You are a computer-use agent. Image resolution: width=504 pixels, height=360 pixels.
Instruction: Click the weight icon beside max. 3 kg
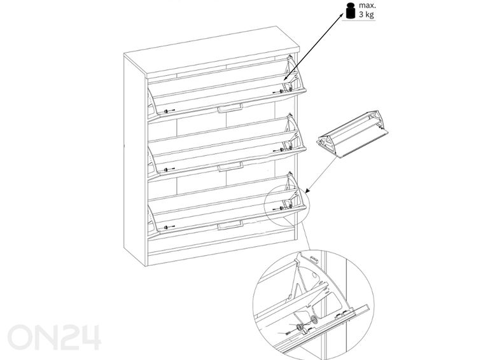(351, 10)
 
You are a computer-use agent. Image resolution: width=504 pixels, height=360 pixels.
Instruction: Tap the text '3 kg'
(367, 15)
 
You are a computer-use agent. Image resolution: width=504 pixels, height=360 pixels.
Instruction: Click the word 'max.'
(367, 5)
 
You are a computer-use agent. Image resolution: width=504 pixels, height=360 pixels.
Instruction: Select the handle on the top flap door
(230, 108)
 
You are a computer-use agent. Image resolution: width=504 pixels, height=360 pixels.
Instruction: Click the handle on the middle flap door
(230, 167)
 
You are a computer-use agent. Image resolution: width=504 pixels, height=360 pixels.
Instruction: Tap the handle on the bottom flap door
(230, 225)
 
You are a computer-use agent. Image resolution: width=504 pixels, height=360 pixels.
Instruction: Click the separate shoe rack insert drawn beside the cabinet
(353, 134)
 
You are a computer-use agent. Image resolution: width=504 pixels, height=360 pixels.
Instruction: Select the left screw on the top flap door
(169, 111)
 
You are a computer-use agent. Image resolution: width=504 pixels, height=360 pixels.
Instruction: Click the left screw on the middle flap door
(169, 169)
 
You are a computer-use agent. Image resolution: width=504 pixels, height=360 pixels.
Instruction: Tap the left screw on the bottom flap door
(169, 227)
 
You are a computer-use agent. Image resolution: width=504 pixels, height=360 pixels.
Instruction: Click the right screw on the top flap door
(278, 92)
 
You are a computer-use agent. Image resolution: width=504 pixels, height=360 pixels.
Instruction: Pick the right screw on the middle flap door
(278, 150)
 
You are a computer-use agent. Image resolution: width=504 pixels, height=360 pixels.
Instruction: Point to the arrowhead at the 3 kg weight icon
(342, 15)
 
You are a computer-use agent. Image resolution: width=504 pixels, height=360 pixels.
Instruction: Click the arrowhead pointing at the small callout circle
(307, 190)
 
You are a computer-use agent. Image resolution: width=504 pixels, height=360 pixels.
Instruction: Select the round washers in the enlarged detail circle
(307, 323)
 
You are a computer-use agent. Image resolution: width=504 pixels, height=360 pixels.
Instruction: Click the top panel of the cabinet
(211, 52)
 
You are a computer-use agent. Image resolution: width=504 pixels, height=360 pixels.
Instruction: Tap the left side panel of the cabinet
(135, 160)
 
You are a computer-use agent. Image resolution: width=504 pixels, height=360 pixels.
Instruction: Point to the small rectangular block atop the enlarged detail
(313, 258)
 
